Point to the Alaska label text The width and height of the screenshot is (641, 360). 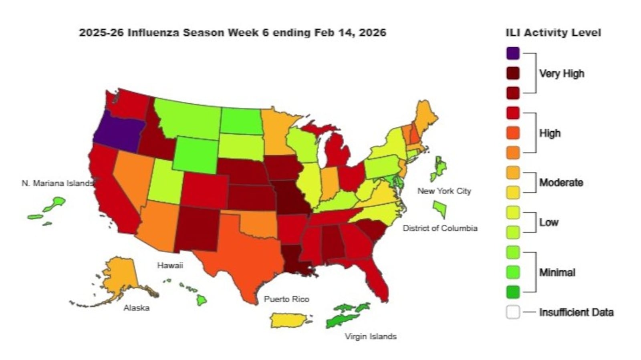tap(137, 308)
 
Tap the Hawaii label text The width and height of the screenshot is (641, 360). tap(170, 265)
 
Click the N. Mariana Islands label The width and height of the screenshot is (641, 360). tap(57, 183)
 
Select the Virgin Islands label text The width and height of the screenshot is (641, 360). tap(371, 336)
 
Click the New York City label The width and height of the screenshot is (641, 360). tap(444, 191)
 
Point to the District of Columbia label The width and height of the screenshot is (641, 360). tap(440, 228)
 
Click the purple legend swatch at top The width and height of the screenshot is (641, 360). tap(513, 53)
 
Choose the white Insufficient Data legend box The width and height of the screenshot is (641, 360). tap(513, 312)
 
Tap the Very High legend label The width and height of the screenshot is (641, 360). tap(561, 74)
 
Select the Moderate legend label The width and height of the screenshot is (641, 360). tap(561, 183)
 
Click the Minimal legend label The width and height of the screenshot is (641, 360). tap(557, 273)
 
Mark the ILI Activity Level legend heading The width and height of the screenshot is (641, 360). tap(553, 33)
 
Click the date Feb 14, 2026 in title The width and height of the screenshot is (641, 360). tap(350, 33)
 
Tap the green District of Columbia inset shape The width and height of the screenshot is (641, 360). tap(440, 209)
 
